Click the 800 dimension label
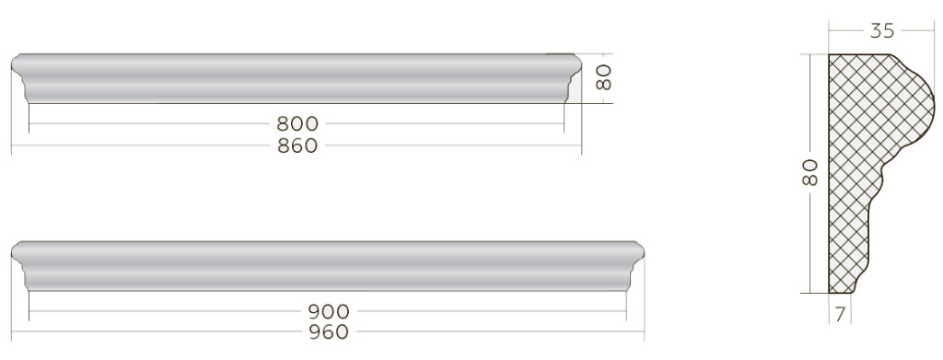(x=297, y=123)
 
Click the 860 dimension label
(x=297, y=145)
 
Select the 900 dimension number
(x=329, y=311)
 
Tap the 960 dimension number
(x=329, y=331)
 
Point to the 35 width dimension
(x=882, y=30)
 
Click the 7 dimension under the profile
(x=840, y=314)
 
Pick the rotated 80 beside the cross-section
(x=810, y=172)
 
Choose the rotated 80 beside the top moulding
(x=603, y=77)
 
